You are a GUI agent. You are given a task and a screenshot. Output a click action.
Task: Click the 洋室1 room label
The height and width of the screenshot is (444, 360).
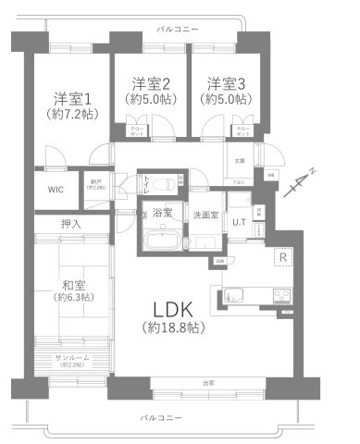pos(70,97)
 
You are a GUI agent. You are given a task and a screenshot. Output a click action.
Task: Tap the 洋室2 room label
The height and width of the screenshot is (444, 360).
pos(147,82)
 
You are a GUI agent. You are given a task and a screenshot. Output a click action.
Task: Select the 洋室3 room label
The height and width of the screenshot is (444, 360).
pos(227,82)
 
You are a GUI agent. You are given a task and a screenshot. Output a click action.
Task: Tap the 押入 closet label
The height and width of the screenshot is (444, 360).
pos(70,223)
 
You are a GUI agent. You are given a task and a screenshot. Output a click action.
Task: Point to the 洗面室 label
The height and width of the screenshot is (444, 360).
pos(205,215)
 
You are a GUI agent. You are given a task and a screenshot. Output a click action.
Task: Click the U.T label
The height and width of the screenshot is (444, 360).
pos(239,222)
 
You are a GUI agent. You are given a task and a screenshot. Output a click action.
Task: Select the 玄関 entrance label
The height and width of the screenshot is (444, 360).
pos(239,161)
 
